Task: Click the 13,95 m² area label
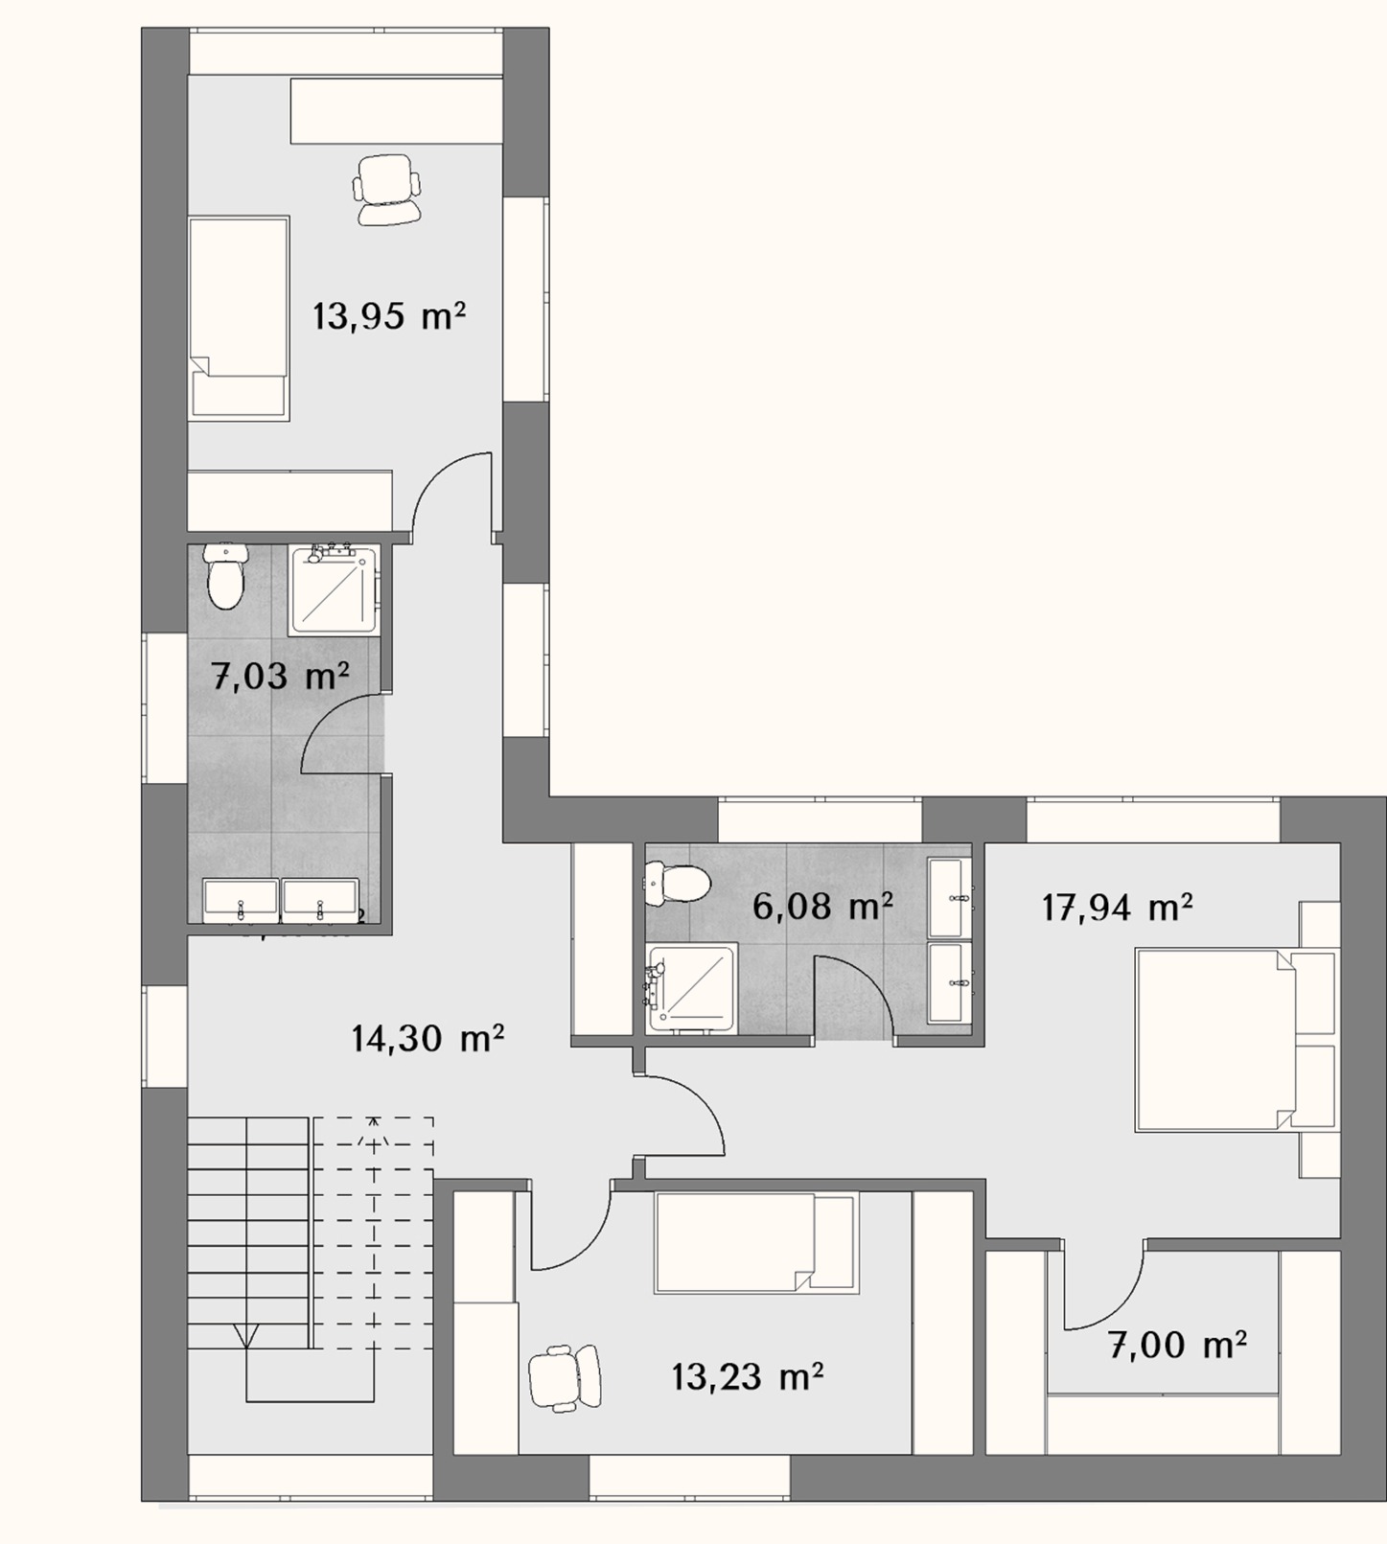click(x=389, y=315)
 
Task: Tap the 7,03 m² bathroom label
click(x=279, y=677)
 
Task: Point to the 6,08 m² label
click(x=822, y=906)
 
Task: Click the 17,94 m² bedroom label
click(x=1117, y=907)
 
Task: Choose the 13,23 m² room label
click(x=747, y=1377)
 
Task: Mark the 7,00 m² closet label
click(x=1178, y=1345)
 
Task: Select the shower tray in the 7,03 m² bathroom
click(x=335, y=589)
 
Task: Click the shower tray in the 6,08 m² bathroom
click(x=692, y=988)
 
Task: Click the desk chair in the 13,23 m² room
click(x=565, y=1377)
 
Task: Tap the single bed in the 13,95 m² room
click(x=239, y=317)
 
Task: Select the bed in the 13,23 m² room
click(x=755, y=1243)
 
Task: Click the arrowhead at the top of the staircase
click(x=374, y=1123)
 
